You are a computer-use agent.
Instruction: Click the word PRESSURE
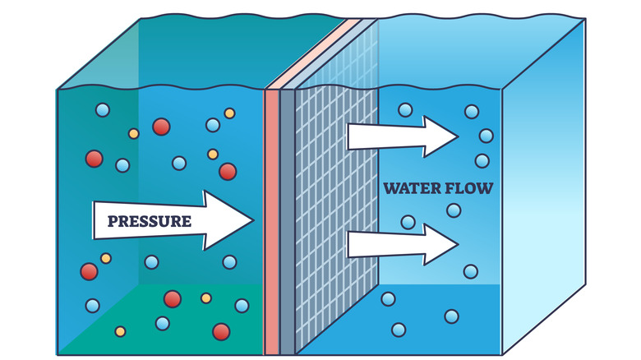[x=143, y=221]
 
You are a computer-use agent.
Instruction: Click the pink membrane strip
[x=271, y=222]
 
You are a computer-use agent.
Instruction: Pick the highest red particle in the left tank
[x=161, y=127]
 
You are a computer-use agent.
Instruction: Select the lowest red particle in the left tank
[x=221, y=331]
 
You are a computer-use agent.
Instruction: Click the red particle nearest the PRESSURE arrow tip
[x=228, y=171]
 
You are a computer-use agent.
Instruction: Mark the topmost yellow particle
[x=229, y=113]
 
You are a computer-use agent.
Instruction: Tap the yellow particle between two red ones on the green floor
[x=205, y=298]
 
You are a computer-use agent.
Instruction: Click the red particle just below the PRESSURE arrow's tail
[x=89, y=271]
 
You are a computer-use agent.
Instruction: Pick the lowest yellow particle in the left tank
[x=120, y=332]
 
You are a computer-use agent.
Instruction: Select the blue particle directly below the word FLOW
[x=454, y=210]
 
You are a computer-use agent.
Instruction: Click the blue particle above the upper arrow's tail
[x=404, y=108]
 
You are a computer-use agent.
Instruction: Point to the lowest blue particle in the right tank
[x=399, y=330]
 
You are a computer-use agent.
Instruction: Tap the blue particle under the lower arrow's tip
[x=470, y=271]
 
